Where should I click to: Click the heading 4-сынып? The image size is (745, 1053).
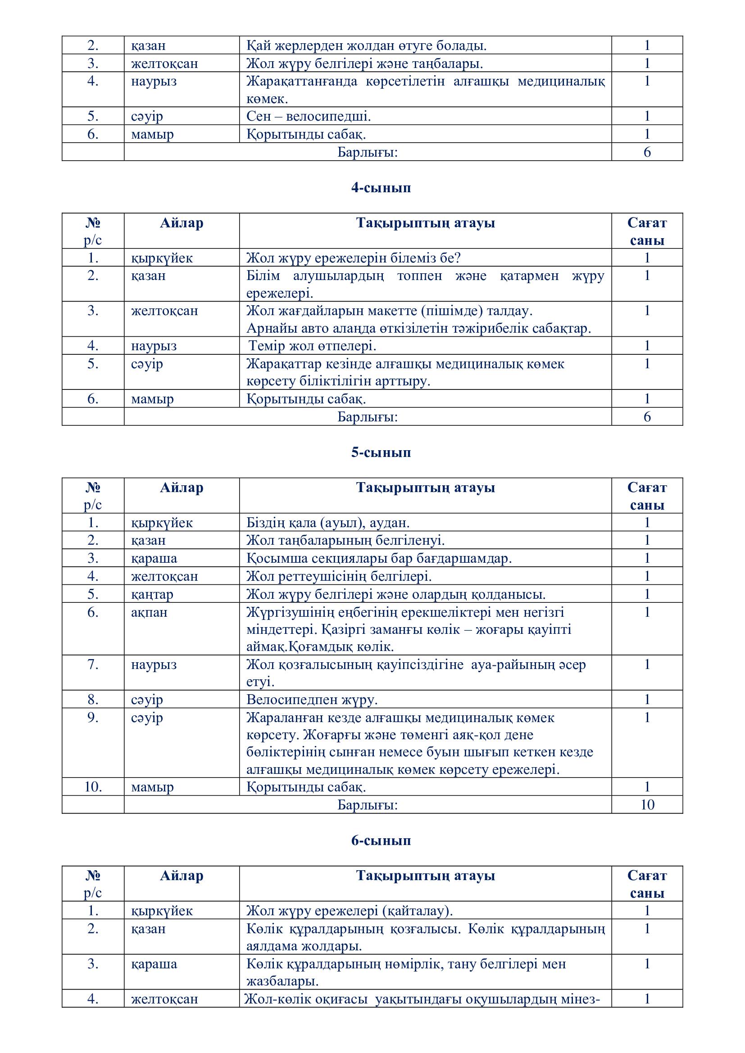(x=381, y=188)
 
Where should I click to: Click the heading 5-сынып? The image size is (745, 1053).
(x=381, y=452)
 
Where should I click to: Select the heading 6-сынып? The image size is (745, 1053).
(x=381, y=841)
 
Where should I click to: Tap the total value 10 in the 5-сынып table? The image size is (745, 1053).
(x=647, y=805)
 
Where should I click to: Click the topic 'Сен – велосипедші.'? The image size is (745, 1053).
(x=308, y=117)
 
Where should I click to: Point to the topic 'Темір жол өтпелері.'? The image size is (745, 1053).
(x=313, y=346)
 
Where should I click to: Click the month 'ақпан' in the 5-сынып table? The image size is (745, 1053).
(x=149, y=612)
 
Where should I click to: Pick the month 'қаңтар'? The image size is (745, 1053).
(x=152, y=594)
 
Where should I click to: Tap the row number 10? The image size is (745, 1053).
(x=93, y=787)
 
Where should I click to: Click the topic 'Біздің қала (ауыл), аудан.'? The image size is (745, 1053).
(x=327, y=523)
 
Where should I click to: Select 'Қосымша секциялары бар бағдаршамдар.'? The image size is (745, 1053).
(x=378, y=559)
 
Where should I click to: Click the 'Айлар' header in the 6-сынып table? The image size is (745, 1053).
(x=181, y=876)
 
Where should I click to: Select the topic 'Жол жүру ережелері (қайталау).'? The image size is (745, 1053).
(x=349, y=911)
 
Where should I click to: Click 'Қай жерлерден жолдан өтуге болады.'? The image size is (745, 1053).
(x=366, y=46)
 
